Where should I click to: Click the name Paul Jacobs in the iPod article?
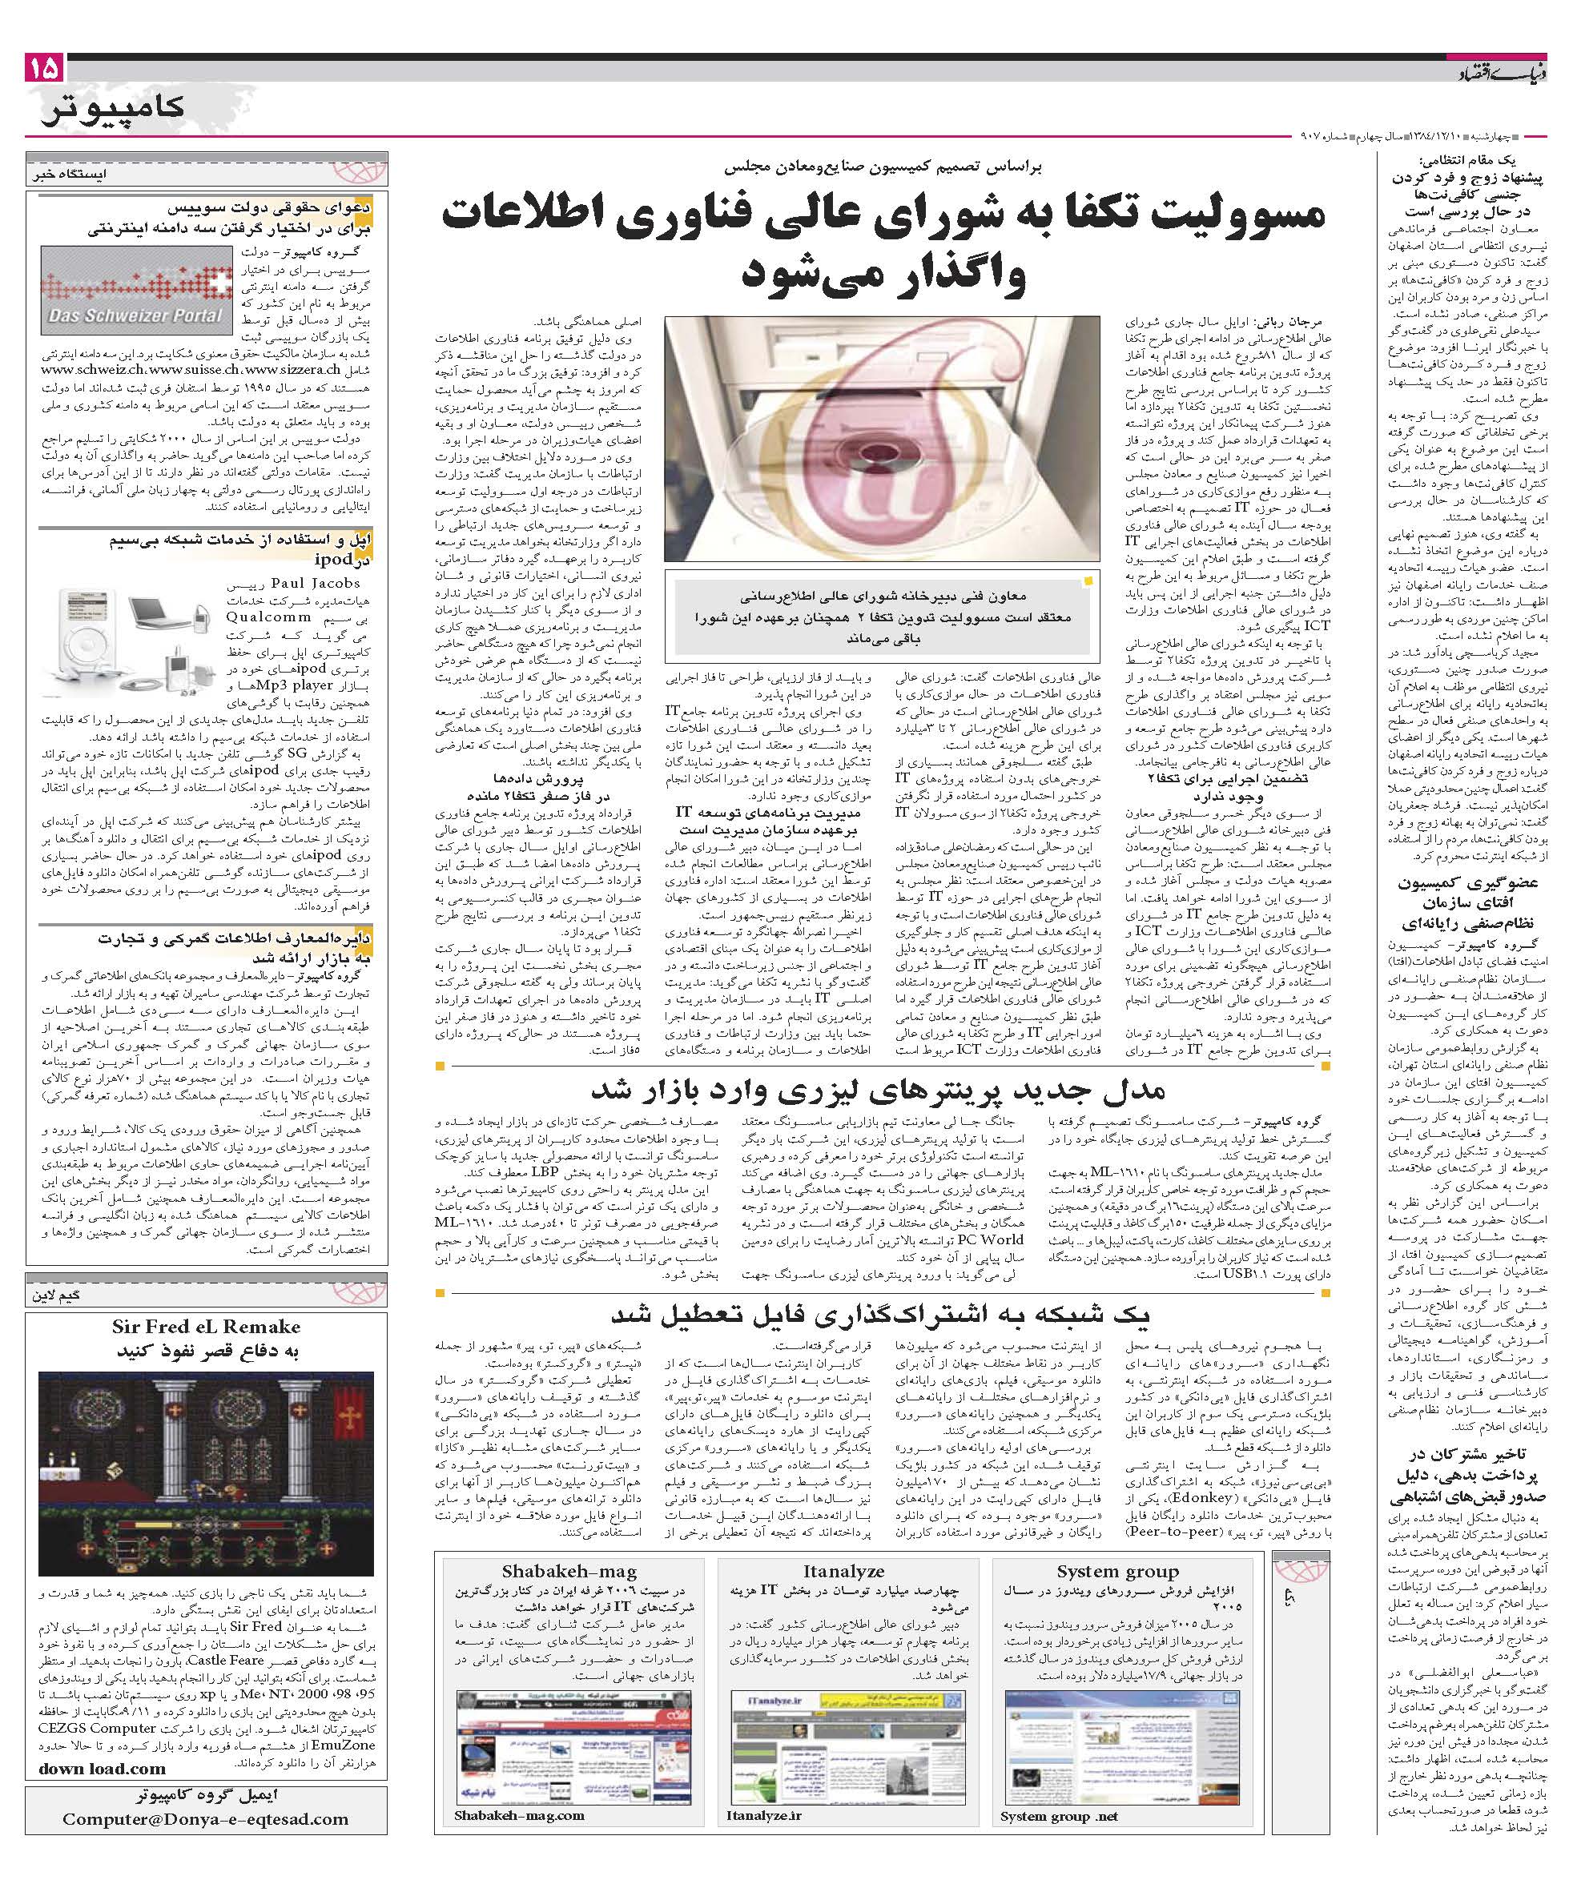315,584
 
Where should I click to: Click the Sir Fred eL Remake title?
207,1326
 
